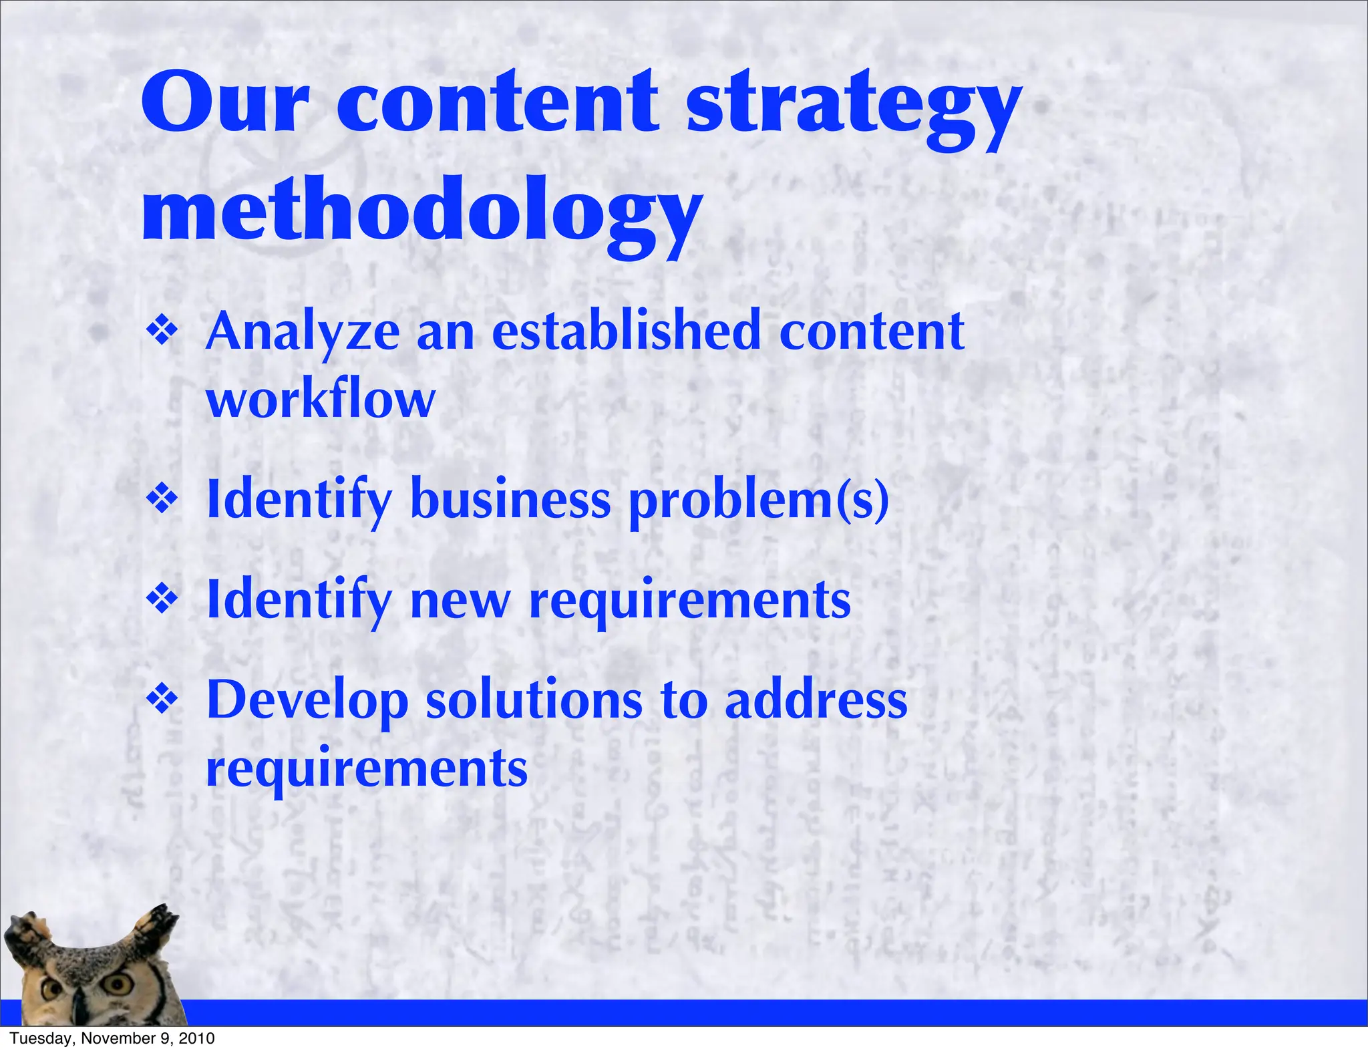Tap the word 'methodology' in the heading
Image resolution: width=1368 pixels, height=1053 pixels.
pos(421,214)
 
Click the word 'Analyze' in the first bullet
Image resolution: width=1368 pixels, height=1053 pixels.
pos(303,332)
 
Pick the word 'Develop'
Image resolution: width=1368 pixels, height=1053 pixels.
pos(307,702)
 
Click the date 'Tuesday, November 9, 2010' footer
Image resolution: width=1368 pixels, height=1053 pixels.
pos(112,1038)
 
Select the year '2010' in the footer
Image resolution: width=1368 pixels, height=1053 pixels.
pos(198,1038)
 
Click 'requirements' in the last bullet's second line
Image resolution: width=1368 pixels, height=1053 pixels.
pos(367,768)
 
